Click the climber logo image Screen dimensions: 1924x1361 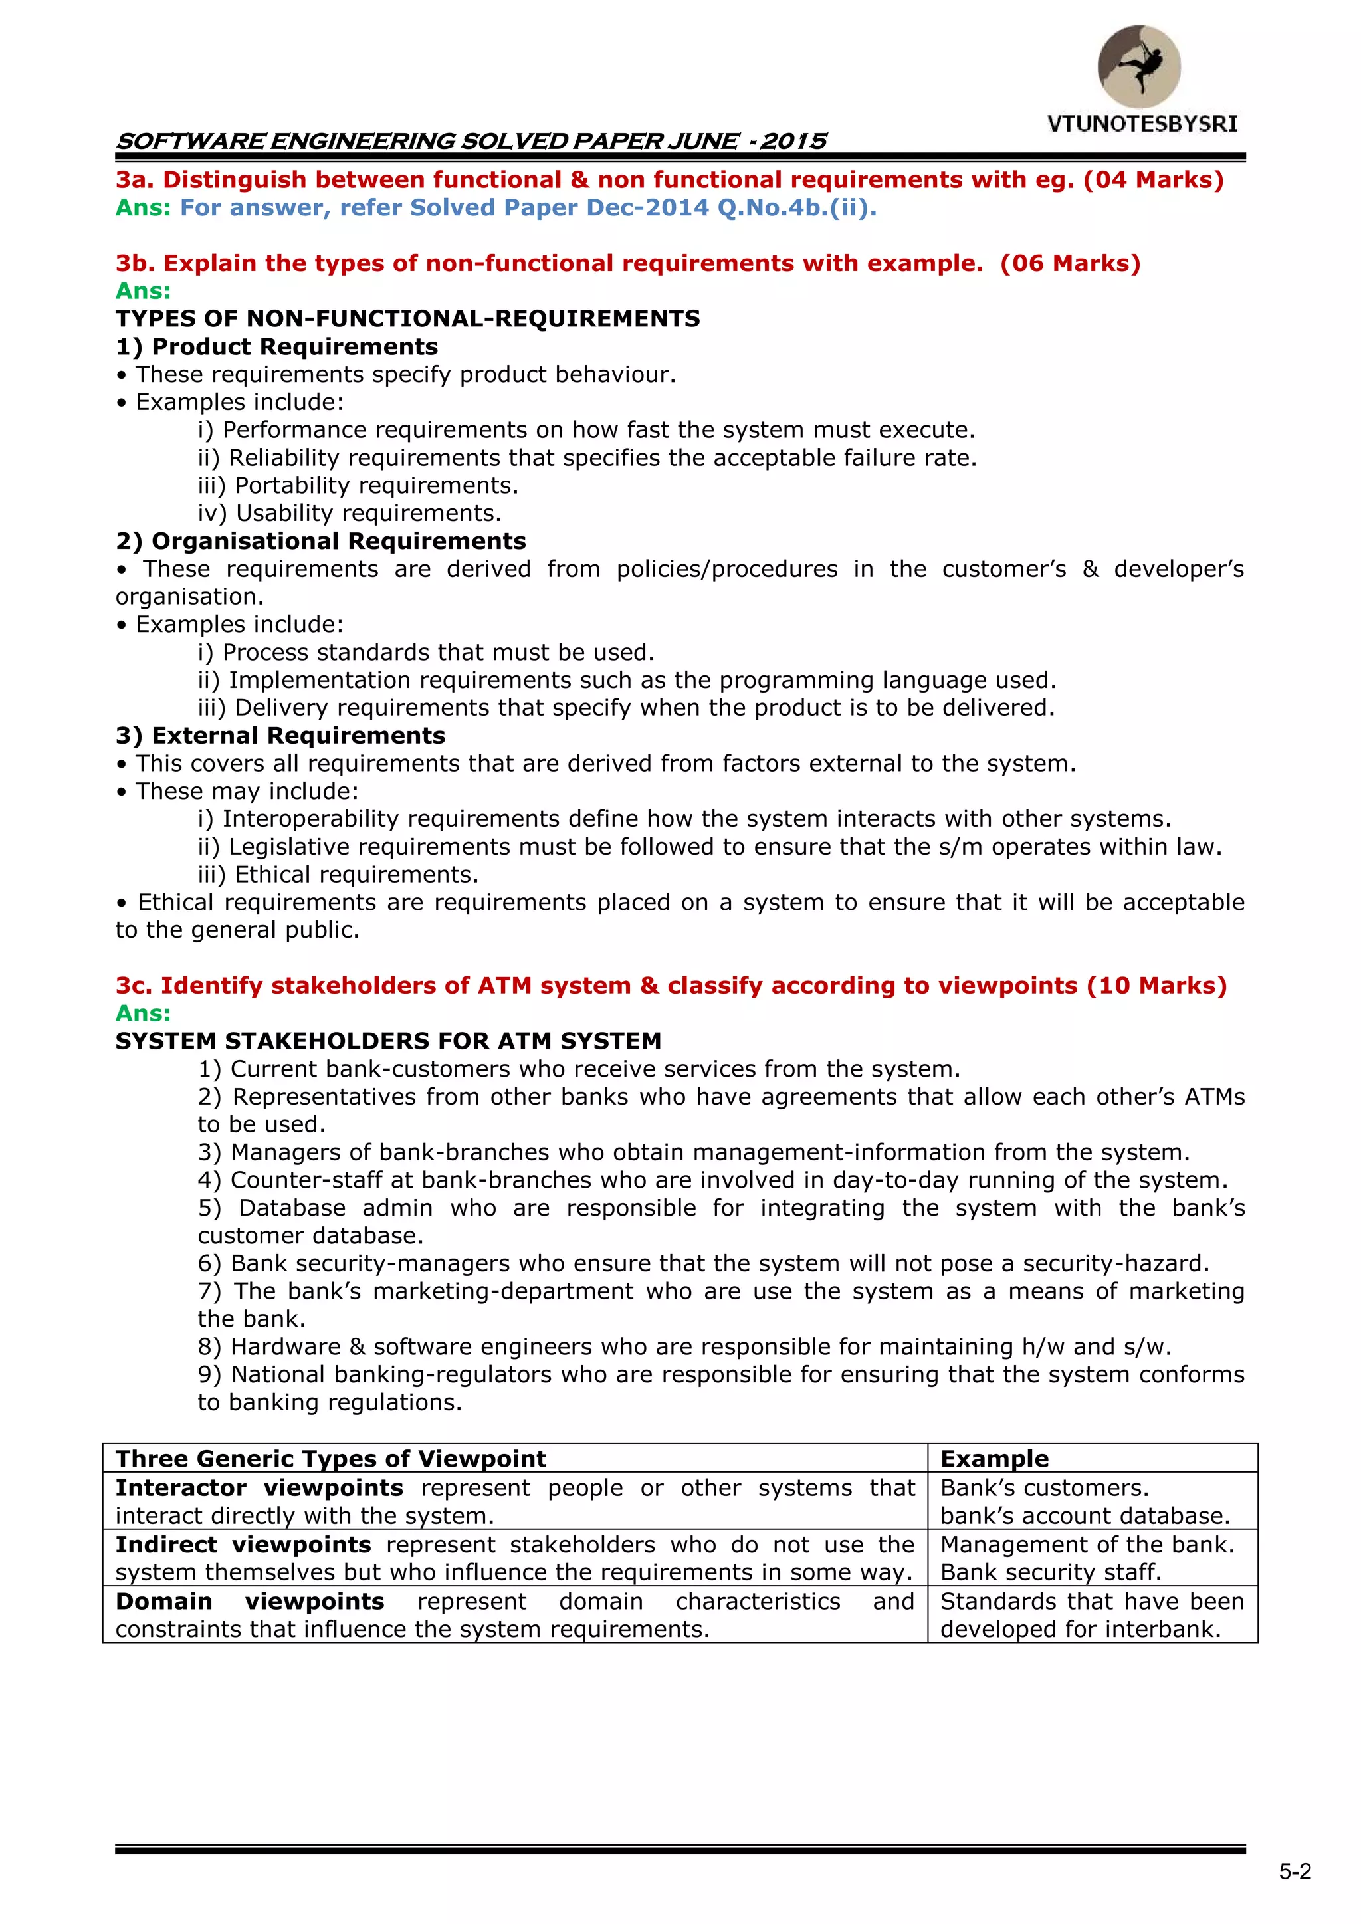pyautogui.click(x=1139, y=66)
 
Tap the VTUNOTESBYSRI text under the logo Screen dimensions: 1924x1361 pyautogui.click(x=1142, y=124)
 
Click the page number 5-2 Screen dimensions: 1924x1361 pyautogui.click(x=1295, y=1871)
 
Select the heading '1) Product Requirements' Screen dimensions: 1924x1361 pyautogui.click(x=276, y=346)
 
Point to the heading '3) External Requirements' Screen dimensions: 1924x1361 pyautogui.click(x=280, y=735)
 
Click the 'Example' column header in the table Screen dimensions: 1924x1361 pyautogui.click(x=994, y=1459)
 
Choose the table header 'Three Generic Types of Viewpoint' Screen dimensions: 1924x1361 pyautogui.click(x=330, y=1459)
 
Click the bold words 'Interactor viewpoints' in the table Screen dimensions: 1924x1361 pyautogui.click(x=259, y=1487)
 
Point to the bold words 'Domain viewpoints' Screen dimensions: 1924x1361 pyautogui.click(x=250, y=1602)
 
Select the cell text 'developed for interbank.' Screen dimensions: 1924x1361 pyautogui.click(x=1081, y=1629)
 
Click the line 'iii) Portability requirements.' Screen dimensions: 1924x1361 pyautogui.click(x=358, y=485)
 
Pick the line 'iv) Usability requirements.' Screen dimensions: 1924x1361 pyautogui.click(x=350, y=513)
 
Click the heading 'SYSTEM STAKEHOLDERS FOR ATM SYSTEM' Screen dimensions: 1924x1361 pyautogui.click(x=388, y=1041)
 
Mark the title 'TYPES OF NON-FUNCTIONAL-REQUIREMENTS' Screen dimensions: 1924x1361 pyautogui.click(x=407, y=318)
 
